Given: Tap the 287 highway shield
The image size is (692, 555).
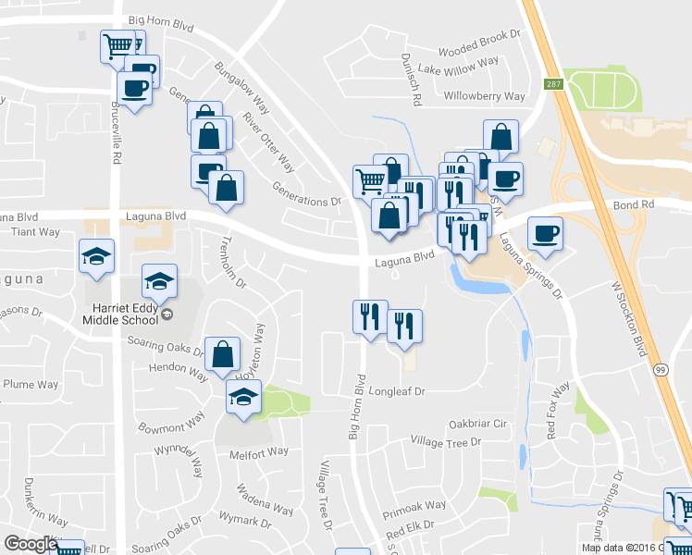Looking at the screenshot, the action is point(554,83).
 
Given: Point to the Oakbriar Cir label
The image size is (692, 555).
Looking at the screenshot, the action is point(478,424).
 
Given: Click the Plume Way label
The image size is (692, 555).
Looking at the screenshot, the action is point(31,385).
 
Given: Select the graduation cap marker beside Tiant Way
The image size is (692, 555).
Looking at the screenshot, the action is point(96,254).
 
